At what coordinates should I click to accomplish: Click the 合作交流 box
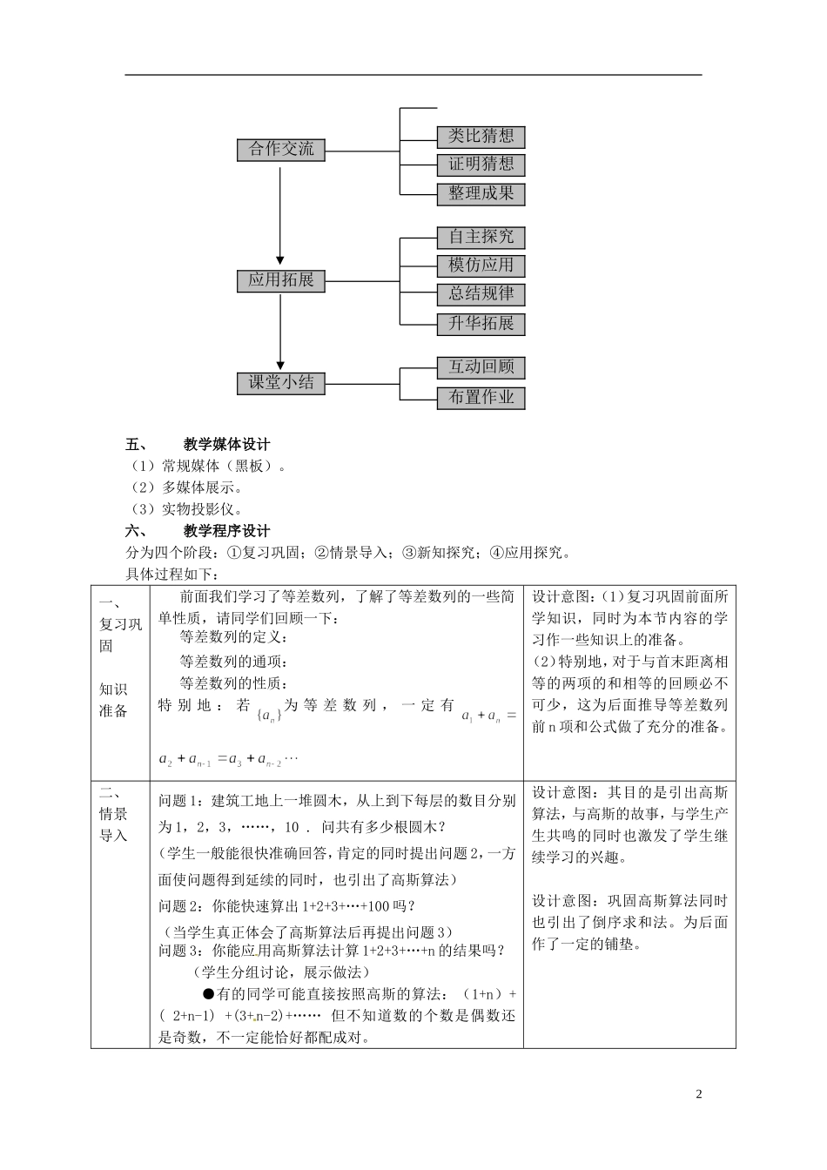[280, 150]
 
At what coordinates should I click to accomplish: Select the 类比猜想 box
[481, 137]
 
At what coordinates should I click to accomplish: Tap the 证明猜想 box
[481, 165]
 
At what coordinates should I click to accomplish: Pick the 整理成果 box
[481, 193]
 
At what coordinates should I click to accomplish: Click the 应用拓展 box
[280, 280]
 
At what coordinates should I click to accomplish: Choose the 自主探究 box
[481, 237]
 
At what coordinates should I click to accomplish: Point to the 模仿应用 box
[481, 266]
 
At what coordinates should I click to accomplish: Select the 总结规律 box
[481, 294]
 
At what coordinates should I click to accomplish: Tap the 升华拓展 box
[481, 324]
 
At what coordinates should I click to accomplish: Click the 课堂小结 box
[280, 383]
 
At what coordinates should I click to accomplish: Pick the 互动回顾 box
[481, 367]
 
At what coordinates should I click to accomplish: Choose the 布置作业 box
[481, 398]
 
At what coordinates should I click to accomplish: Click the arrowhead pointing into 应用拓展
[280, 259]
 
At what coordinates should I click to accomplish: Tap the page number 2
[698, 1094]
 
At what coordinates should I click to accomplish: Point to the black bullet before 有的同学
[207, 994]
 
